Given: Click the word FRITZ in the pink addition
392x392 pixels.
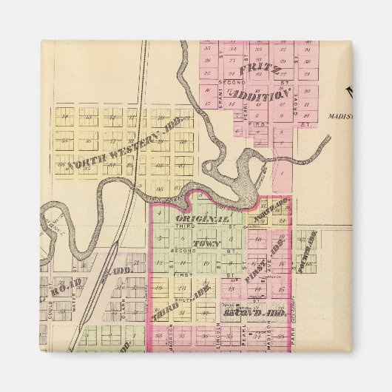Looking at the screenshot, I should click(x=258, y=72).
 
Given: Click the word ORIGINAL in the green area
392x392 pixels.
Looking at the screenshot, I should click(x=202, y=220).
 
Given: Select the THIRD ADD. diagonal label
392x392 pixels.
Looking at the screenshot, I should click(x=181, y=302).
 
